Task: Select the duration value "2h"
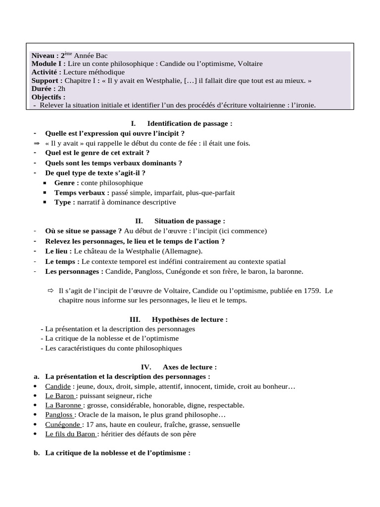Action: point(62,89)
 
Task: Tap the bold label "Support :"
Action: point(47,81)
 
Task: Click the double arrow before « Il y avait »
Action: point(36,144)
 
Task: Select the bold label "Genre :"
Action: point(67,183)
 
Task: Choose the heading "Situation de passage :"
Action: point(190,221)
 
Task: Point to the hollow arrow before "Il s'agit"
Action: point(50,291)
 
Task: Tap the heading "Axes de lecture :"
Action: point(190,367)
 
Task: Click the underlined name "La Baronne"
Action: point(63,405)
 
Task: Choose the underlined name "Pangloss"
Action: point(59,414)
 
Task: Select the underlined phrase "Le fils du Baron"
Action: point(71,434)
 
